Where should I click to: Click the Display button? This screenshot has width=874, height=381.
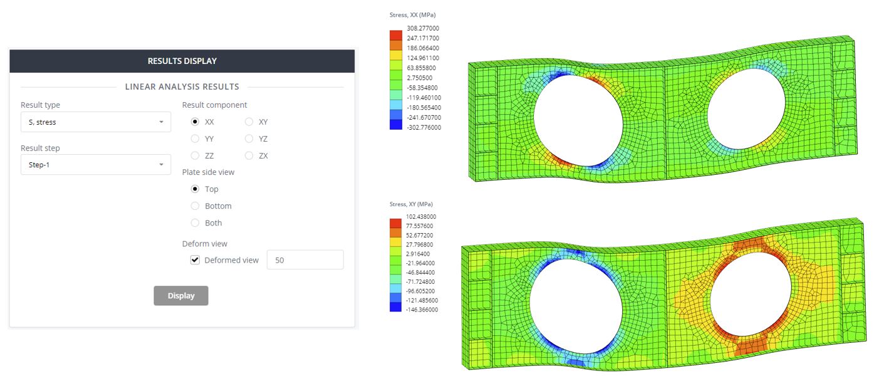pyautogui.click(x=180, y=296)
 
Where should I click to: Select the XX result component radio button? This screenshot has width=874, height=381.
pyautogui.click(x=195, y=122)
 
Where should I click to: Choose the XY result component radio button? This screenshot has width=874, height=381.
pyautogui.click(x=249, y=122)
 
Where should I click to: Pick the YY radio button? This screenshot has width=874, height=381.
pyautogui.click(x=195, y=138)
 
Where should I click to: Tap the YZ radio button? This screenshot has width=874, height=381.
pyautogui.click(x=249, y=138)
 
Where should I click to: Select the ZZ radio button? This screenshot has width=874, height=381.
pyautogui.click(x=195, y=155)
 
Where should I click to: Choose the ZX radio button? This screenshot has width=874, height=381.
pyautogui.click(x=249, y=155)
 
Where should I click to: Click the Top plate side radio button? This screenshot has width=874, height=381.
pyautogui.click(x=195, y=189)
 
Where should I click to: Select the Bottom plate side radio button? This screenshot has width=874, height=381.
pyautogui.click(x=195, y=206)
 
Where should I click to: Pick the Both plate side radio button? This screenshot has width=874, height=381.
pyautogui.click(x=195, y=222)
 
